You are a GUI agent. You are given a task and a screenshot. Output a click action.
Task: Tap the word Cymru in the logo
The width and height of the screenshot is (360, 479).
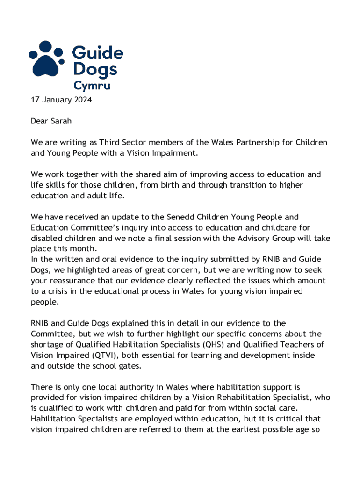[x=92, y=86]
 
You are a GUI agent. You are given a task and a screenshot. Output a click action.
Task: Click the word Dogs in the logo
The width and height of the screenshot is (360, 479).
[x=95, y=70]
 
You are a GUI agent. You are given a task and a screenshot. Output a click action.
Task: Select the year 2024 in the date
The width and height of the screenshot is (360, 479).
[x=82, y=100]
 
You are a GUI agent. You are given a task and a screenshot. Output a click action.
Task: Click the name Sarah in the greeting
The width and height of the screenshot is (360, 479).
[x=61, y=121]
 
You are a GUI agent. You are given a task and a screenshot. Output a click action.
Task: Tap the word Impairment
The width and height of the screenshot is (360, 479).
[x=171, y=153]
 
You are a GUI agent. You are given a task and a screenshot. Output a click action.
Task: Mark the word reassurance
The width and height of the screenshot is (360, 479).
[x=72, y=281]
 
